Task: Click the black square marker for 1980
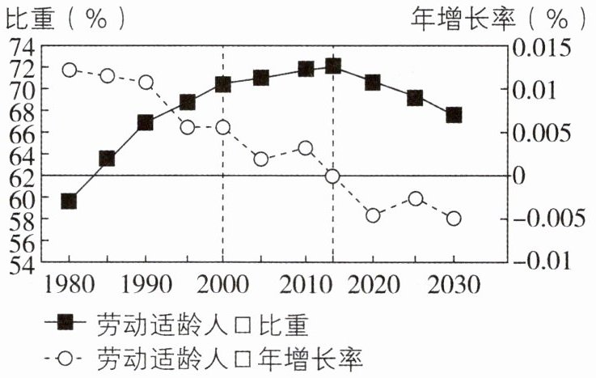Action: tap(69, 202)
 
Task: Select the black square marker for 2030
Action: tap(454, 114)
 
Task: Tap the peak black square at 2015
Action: tap(333, 66)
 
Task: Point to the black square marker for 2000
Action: tap(222, 84)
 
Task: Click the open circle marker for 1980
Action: tap(70, 70)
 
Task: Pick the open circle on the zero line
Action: tap(332, 176)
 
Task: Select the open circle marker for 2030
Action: tap(454, 219)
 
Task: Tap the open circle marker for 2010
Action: tap(305, 148)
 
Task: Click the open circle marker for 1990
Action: tap(146, 82)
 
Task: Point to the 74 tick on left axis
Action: tap(22, 47)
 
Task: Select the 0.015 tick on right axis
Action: tap(542, 48)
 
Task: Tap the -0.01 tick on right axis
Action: tap(543, 261)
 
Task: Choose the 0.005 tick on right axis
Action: tap(542, 133)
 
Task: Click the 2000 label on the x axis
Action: tap(222, 285)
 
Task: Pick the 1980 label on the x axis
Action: tap(70, 285)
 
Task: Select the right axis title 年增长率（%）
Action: tap(499, 19)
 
